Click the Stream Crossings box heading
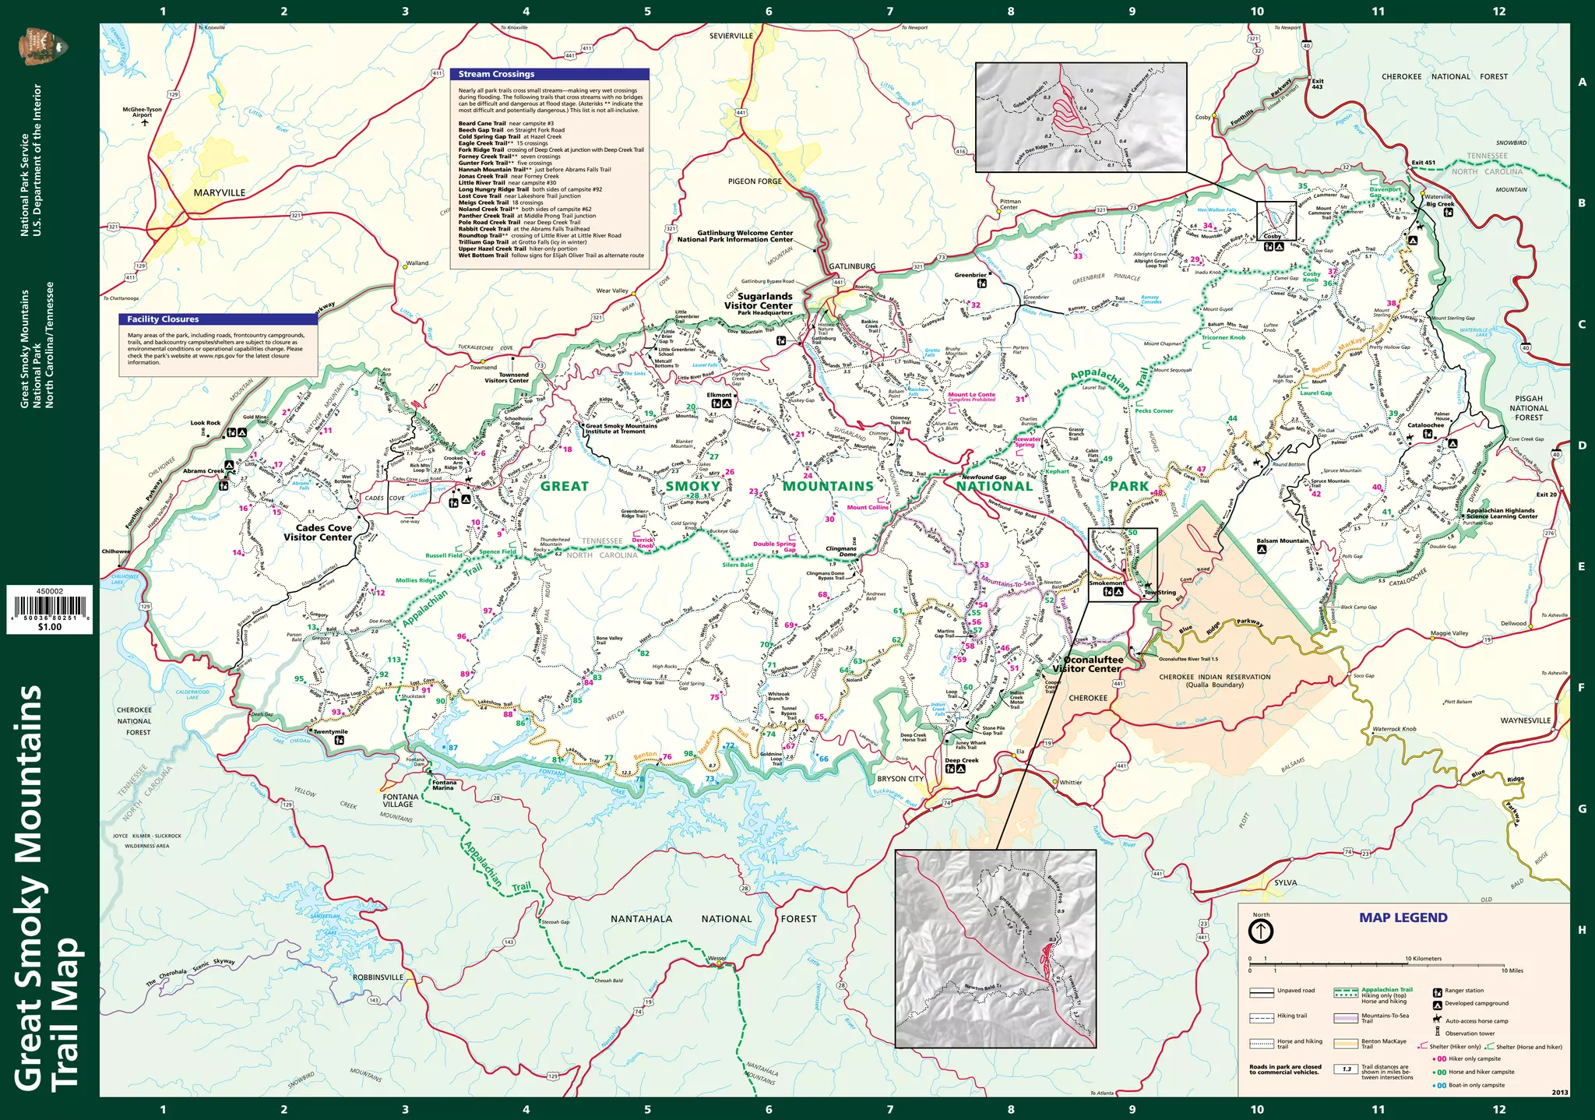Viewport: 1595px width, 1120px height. pos(496,74)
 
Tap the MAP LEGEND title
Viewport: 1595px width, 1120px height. pos(1403,917)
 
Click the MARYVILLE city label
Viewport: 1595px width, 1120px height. pos(219,192)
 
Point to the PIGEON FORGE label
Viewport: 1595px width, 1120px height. pos(754,181)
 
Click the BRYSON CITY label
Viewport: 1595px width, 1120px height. pos(900,779)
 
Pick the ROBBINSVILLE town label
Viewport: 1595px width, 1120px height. pos(378,977)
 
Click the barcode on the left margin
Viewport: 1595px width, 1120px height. pos(49,608)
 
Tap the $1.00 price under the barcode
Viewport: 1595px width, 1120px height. pos(49,627)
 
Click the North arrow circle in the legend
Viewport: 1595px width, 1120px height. pos(1260,931)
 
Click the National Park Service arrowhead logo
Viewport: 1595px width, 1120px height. pos(43,47)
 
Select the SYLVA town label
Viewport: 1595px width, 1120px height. pos(1285,882)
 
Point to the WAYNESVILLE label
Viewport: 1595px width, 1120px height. pos(1525,720)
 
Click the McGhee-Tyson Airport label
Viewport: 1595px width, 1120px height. pos(142,112)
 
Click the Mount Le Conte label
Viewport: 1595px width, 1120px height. pos(971,395)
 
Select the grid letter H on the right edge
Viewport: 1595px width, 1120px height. pos(1582,930)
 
